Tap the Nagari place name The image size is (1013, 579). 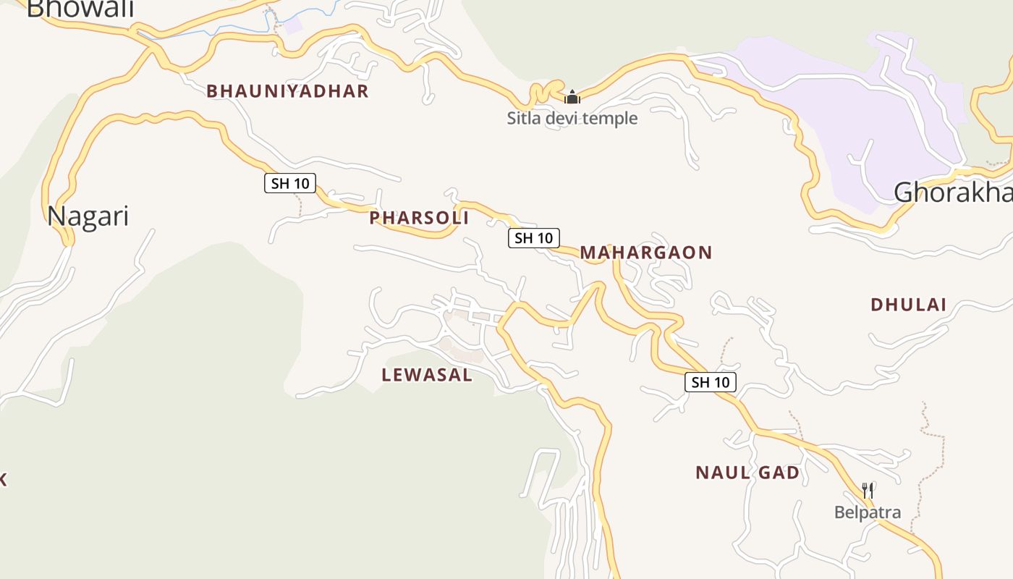point(88,216)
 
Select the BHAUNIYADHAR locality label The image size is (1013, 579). point(288,91)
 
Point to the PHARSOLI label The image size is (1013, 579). point(419,218)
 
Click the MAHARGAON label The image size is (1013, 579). point(646,253)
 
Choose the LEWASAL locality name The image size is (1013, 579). point(427,375)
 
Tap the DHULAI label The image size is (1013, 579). point(908,305)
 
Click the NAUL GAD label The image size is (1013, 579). point(747,473)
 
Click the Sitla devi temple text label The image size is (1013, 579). point(572,118)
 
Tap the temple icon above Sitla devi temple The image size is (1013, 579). point(572,97)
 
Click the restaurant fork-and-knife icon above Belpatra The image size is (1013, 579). point(868,491)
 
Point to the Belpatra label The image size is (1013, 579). point(868,513)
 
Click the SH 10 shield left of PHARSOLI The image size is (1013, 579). point(290,184)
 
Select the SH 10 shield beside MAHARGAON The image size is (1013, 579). point(534,237)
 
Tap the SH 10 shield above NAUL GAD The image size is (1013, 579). point(711,382)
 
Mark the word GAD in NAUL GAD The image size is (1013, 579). point(779,473)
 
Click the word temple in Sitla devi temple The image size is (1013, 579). point(611,118)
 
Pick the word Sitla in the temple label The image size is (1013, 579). point(523,118)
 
